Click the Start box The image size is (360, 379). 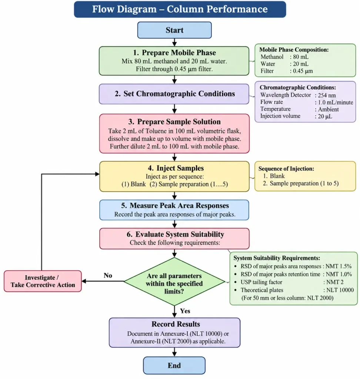[x=174, y=30]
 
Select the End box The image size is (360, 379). [x=174, y=365]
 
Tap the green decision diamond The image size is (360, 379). [x=174, y=281]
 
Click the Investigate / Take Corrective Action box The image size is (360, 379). [x=43, y=281]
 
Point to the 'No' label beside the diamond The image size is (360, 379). [x=108, y=275]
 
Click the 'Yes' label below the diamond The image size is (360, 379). [x=185, y=311]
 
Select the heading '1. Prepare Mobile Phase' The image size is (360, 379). [x=174, y=53]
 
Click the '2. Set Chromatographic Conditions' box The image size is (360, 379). [x=174, y=94]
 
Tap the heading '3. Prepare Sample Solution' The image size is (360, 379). [x=174, y=121]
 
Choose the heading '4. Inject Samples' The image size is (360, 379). [x=176, y=168]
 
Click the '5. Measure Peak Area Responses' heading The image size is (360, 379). [x=175, y=205]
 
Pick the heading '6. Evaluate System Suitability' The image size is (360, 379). [x=176, y=234]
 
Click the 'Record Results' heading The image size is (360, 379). [x=176, y=324]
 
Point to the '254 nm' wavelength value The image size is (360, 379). [x=327, y=95]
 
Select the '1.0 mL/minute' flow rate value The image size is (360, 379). [x=336, y=103]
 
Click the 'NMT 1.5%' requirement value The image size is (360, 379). [x=339, y=266]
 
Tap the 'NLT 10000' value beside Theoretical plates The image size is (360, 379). [x=340, y=290]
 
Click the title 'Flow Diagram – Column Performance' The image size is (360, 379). [x=180, y=9]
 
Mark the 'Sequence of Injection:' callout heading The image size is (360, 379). [x=286, y=169]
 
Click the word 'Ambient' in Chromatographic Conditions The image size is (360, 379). [x=328, y=110]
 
